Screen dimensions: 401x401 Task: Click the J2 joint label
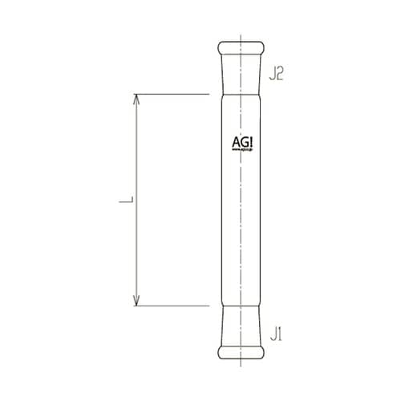click(277, 75)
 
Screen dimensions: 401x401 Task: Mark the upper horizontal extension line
click(172, 95)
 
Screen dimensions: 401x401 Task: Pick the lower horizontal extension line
click(172, 306)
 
